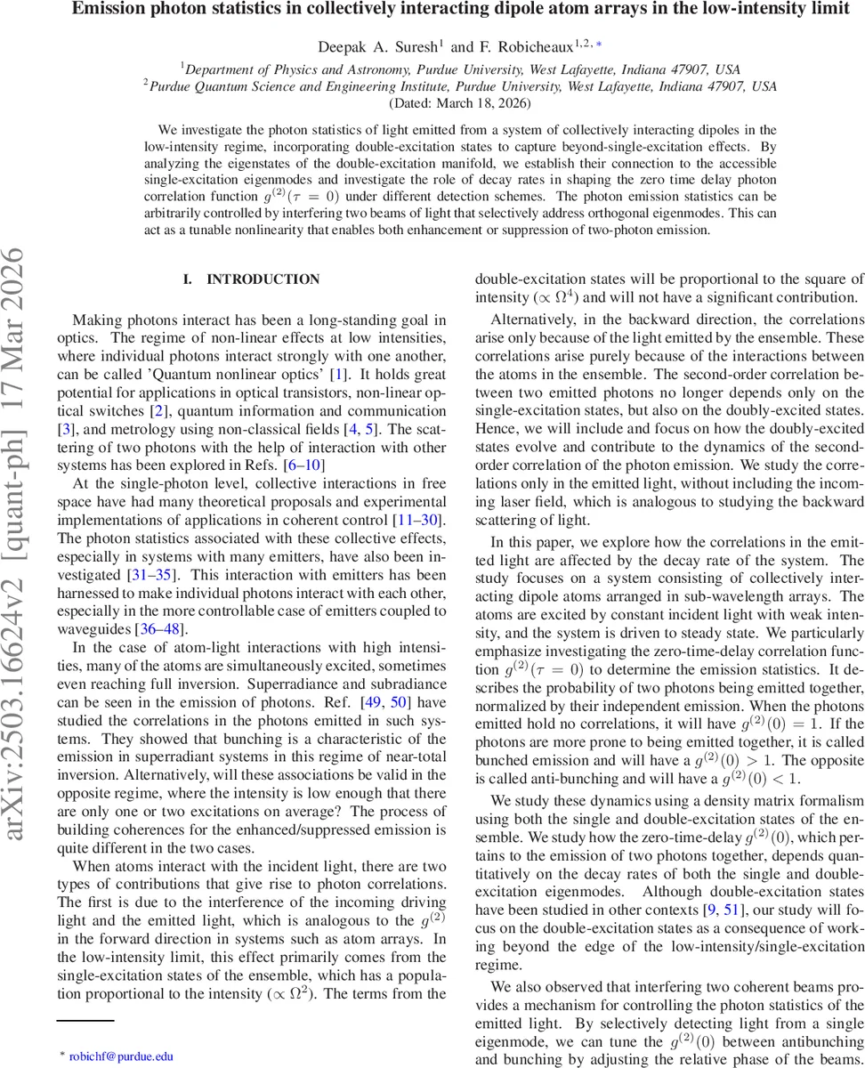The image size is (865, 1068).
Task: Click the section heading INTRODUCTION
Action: tap(263, 279)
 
